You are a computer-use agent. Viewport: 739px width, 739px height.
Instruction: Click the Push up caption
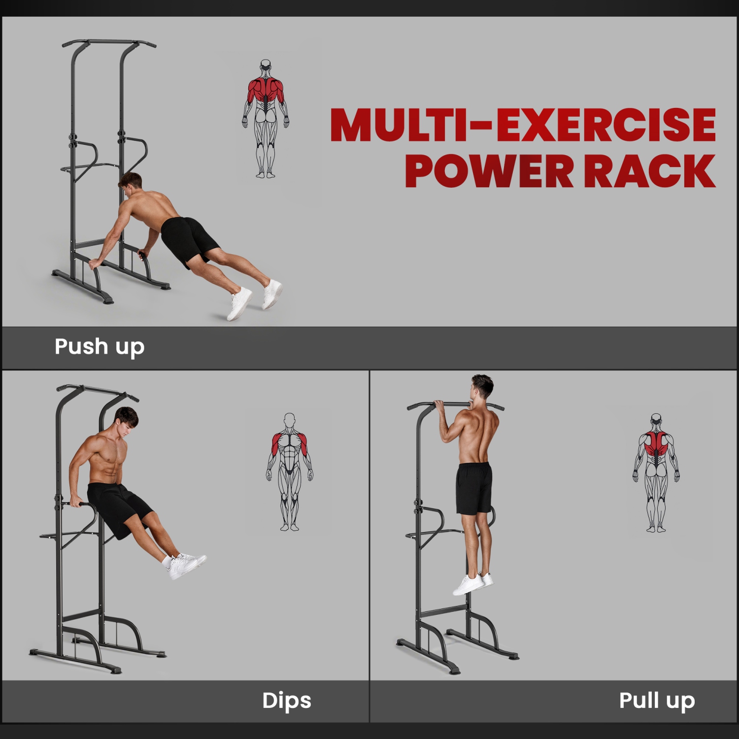pos(100,347)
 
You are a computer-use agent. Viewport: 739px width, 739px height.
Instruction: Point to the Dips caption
pos(287,701)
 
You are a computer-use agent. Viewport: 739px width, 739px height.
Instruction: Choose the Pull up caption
pos(657,701)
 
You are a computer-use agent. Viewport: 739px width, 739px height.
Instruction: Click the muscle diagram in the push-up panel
pos(266,119)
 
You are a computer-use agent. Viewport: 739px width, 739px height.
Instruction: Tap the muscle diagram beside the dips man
pos(290,472)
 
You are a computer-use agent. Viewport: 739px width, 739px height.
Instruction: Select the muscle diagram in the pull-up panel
pos(656,473)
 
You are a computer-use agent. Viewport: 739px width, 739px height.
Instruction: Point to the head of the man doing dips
pos(126,420)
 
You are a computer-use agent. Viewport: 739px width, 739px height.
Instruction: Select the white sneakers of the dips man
pos(185,565)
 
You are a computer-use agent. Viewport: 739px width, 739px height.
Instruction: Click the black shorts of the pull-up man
pos(474,488)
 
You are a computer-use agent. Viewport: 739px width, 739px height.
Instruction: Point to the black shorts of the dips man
pos(118,507)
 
